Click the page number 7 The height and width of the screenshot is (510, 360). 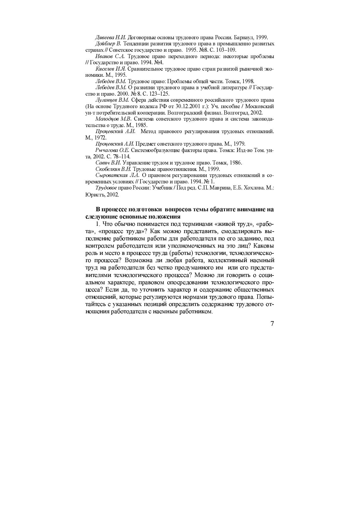[x=272, y=324]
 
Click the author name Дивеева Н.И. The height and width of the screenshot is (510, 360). [x=111, y=37]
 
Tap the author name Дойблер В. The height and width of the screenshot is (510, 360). [x=108, y=44]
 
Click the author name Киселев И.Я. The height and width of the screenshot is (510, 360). [x=110, y=69]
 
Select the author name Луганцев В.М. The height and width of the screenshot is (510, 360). [x=112, y=100]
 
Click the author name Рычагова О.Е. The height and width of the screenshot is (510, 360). [x=112, y=150]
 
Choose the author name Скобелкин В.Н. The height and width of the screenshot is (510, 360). [x=114, y=169]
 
